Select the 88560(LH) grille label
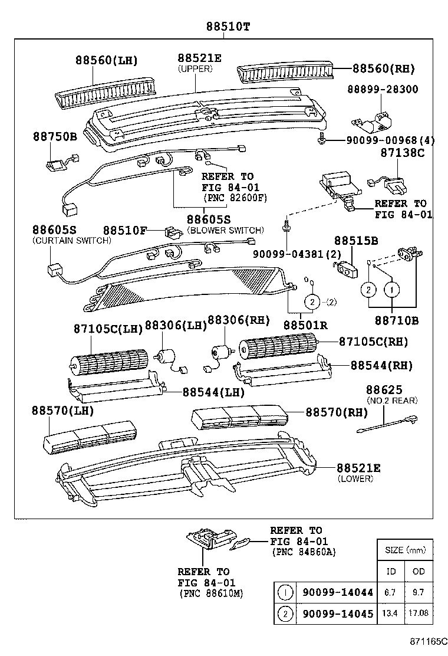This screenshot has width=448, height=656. pyautogui.click(x=106, y=60)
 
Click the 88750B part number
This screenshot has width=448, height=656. pyautogui.click(x=55, y=136)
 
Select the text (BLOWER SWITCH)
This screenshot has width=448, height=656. pyautogui.click(x=225, y=230)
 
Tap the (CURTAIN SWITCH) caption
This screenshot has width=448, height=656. pyautogui.click(x=71, y=241)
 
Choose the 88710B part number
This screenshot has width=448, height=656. pyautogui.click(x=396, y=320)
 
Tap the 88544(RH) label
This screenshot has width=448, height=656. pyautogui.click(x=380, y=365)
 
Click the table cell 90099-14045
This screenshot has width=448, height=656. pyautogui.click(x=337, y=614)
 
